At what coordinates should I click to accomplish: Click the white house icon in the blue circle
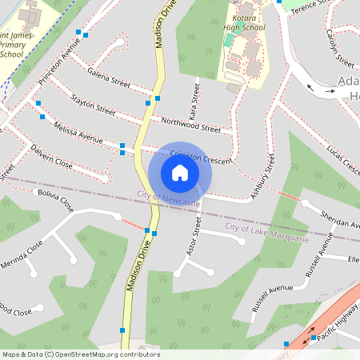[x=180, y=173]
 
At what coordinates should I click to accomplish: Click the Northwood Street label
[x=190, y=124]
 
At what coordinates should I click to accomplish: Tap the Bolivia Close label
[x=57, y=200]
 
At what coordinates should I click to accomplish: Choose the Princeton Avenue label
[x=59, y=64]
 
